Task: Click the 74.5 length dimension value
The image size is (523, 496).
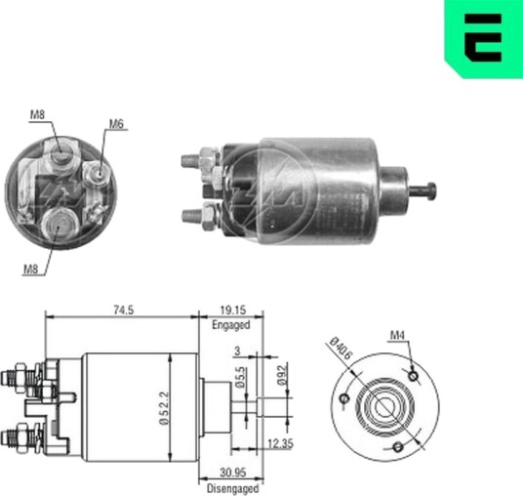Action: coord(124,310)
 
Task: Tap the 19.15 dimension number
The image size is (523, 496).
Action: coord(233,310)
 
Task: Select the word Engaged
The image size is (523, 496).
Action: coord(231,325)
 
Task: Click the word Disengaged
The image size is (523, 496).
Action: coord(232,488)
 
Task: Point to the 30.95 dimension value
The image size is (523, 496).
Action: coord(233,473)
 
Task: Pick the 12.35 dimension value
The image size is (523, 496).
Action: coord(281,443)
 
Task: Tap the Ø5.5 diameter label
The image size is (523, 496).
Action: coord(240,377)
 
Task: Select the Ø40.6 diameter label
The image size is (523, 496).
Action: coord(341,349)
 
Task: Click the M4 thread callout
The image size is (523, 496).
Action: coord(397,335)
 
